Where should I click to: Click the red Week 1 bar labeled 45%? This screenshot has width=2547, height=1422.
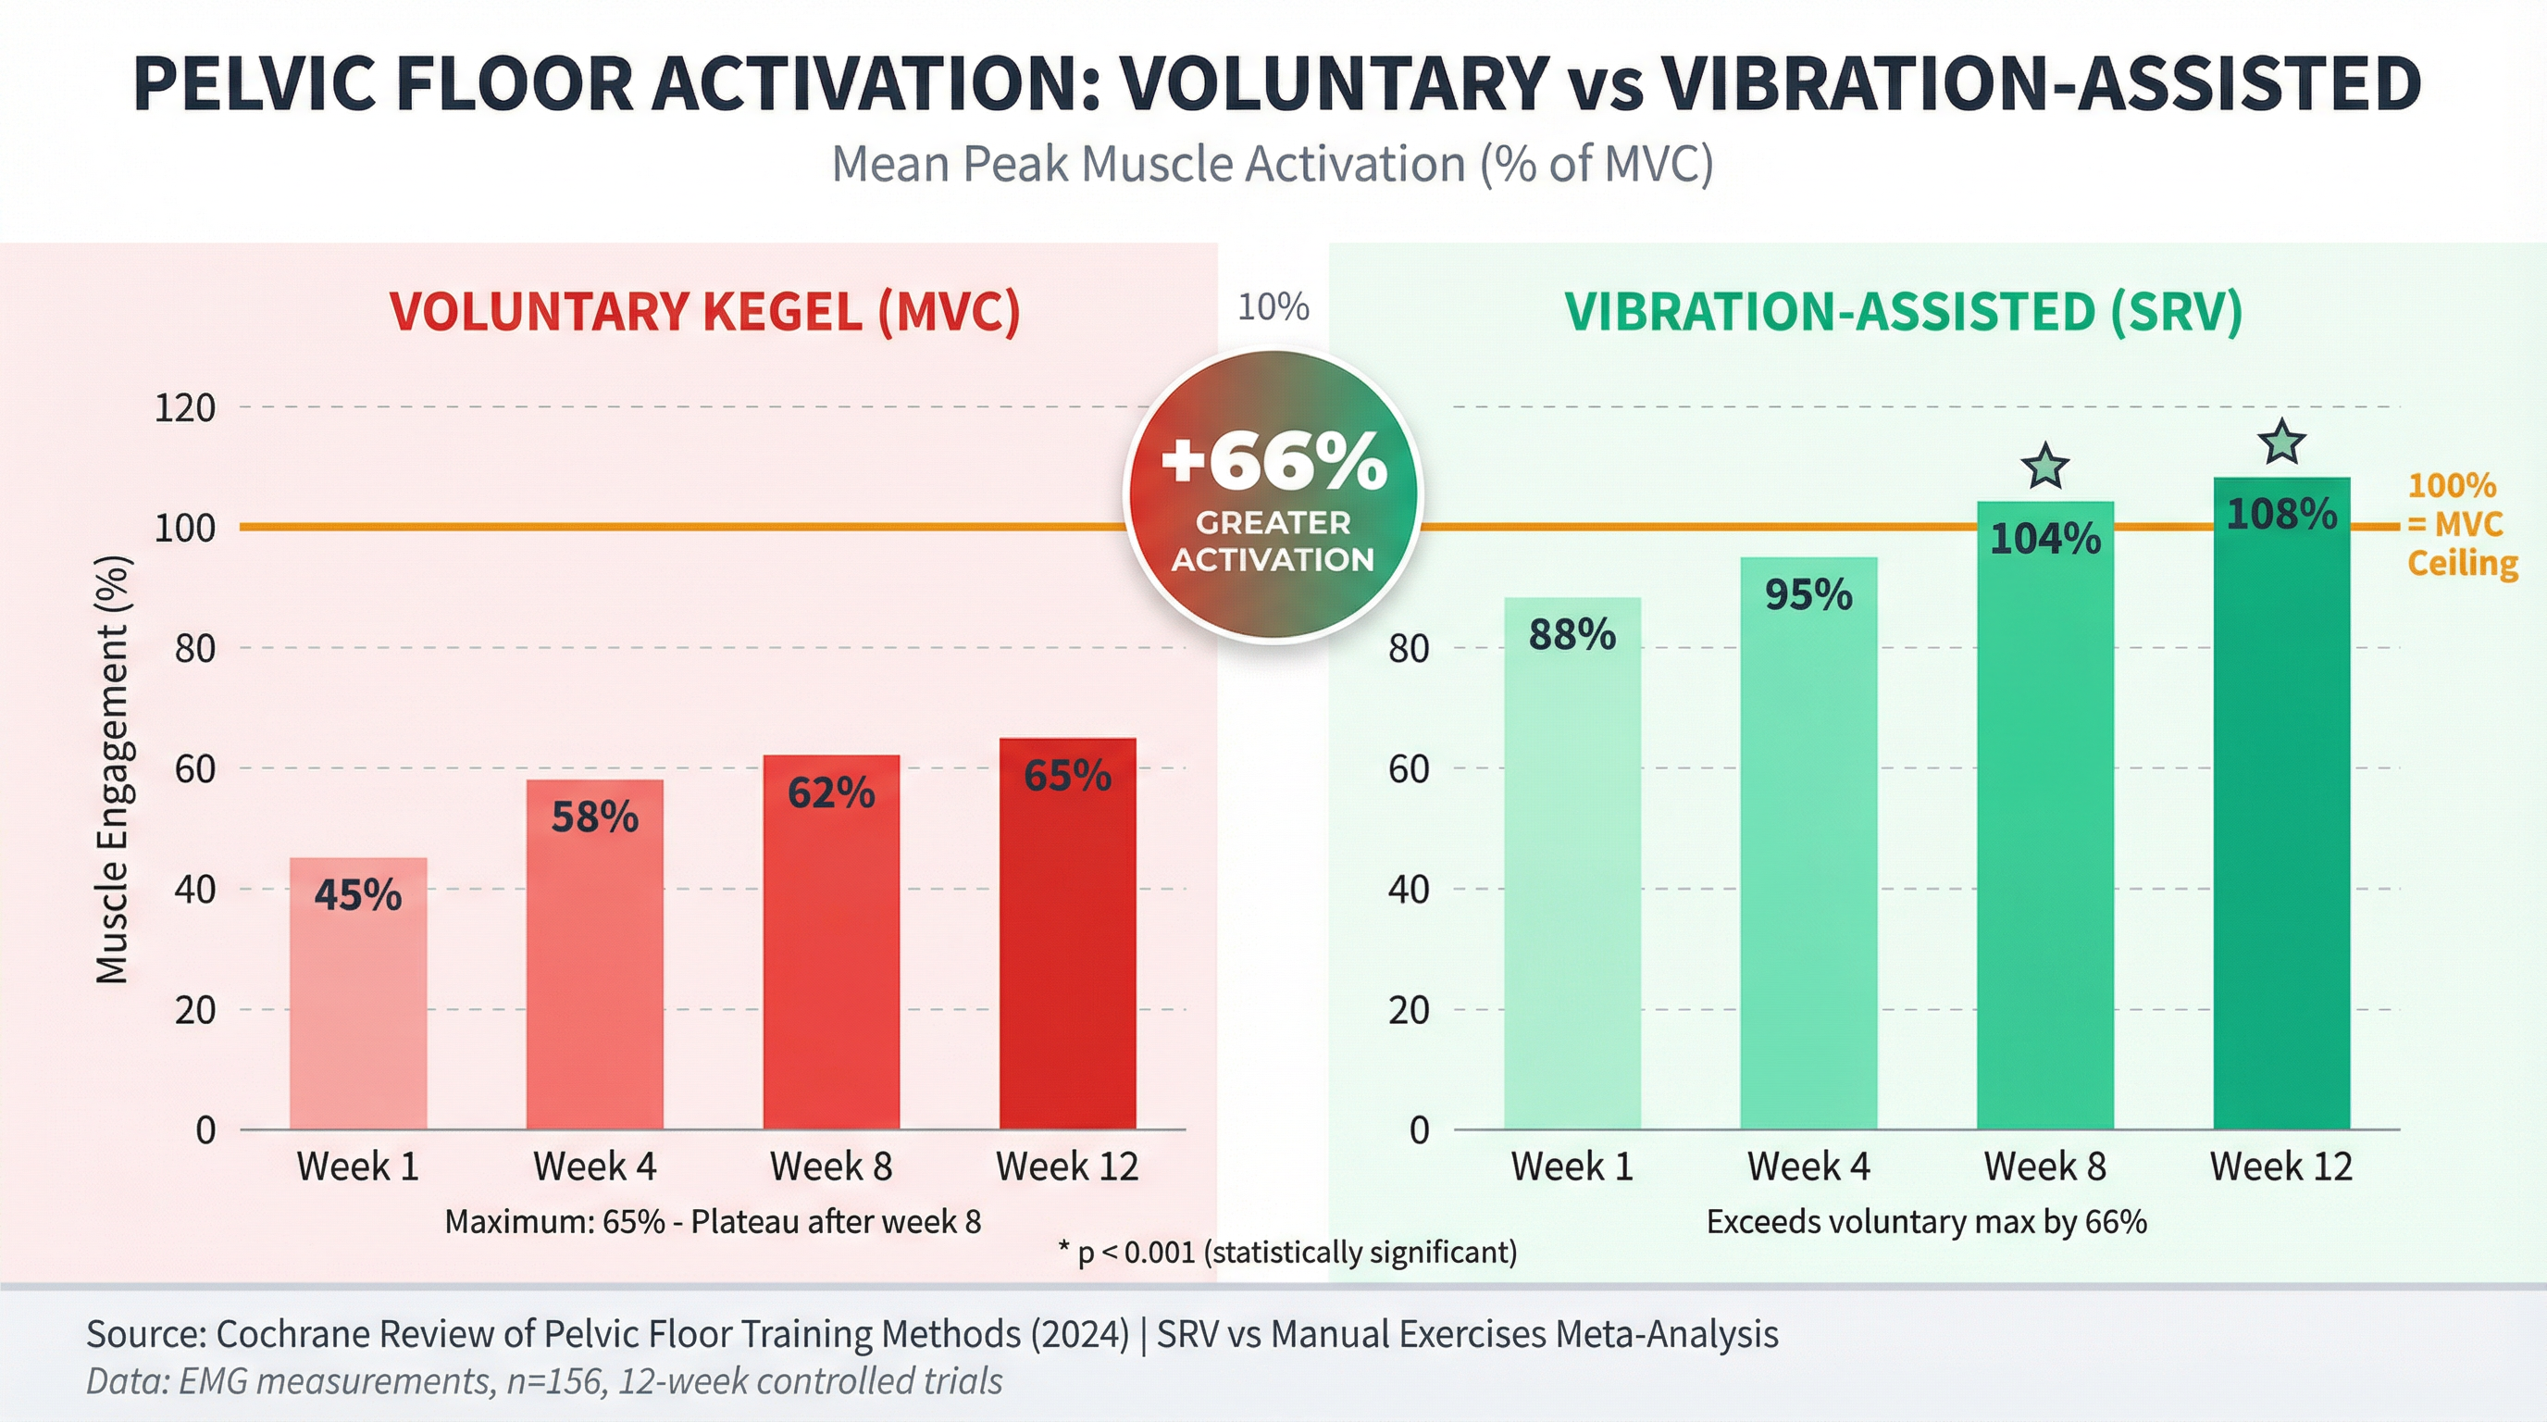point(358,993)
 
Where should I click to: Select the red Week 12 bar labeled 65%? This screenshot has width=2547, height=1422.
point(1067,934)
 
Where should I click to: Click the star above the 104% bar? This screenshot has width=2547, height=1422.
point(2044,467)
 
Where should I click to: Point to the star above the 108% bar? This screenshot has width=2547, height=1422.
point(2282,442)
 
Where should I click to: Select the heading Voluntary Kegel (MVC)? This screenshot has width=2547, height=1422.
point(704,311)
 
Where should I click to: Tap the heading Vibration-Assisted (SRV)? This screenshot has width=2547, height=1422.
point(1904,311)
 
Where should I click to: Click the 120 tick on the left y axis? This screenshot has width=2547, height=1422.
point(185,407)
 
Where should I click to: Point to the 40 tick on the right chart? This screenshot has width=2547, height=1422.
point(1408,889)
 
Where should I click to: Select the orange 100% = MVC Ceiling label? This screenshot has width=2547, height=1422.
point(2461,524)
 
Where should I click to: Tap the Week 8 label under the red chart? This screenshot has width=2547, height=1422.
point(830,1166)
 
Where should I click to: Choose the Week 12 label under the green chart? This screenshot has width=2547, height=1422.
point(2281,1166)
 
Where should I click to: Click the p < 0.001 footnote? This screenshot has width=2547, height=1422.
point(1287,1252)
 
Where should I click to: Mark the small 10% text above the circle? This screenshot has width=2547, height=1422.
point(1273,306)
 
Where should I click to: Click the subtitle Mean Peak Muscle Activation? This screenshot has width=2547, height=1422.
point(1273,163)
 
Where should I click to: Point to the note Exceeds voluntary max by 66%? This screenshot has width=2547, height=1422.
point(1926,1222)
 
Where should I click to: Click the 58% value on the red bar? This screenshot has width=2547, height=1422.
point(594,817)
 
